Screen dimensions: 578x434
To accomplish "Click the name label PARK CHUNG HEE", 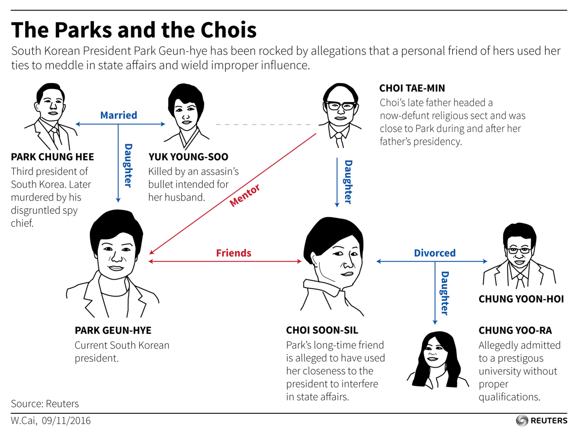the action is click(x=52, y=157).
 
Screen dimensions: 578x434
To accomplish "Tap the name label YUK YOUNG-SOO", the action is click(x=188, y=157).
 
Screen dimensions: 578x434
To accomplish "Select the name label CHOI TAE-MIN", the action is click(x=412, y=88).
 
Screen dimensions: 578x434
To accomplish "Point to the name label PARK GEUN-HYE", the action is click(x=113, y=330).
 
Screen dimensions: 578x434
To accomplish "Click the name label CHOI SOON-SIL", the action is click(x=322, y=330).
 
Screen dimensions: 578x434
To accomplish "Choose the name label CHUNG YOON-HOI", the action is click(x=521, y=299).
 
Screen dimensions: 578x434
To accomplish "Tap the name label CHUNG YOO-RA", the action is click(x=515, y=330).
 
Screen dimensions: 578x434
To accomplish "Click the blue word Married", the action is click(x=119, y=115).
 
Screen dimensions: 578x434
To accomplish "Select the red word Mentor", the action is click(x=245, y=195).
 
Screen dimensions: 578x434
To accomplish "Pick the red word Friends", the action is click(x=234, y=253).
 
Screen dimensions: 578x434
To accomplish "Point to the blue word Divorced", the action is click(x=435, y=253).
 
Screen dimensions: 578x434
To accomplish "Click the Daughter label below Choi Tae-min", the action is click(x=348, y=182).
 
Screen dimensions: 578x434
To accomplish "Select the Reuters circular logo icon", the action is click(x=522, y=420).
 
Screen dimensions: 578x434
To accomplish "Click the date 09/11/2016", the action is click(x=66, y=420).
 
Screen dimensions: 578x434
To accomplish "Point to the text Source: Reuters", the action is click(x=45, y=404).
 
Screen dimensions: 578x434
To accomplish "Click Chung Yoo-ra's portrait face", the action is click(x=435, y=354).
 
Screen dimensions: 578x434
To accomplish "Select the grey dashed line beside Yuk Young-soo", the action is click(x=263, y=124).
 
